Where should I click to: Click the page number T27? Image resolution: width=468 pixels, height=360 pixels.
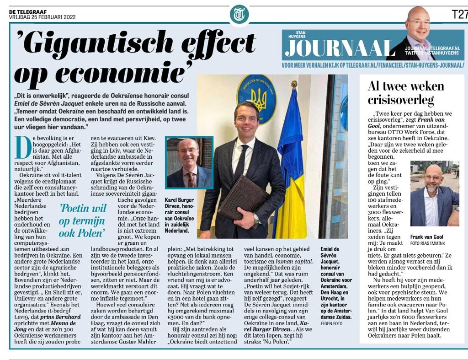[459, 14]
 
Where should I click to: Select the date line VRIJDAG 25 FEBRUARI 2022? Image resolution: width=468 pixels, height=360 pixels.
[42, 17]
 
